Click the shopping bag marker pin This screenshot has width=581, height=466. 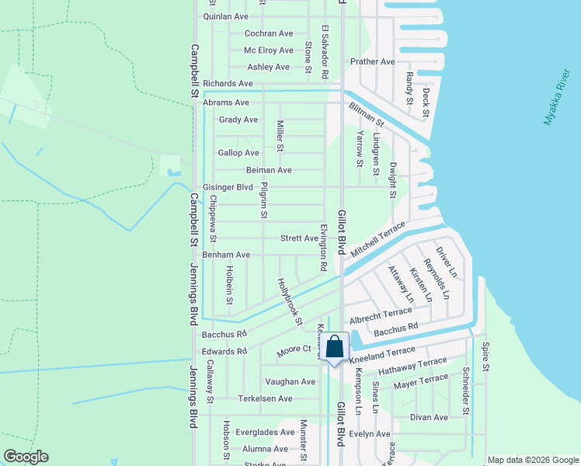click(x=334, y=348)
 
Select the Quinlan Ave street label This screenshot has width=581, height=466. click(x=225, y=16)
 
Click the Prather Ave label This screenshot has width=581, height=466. click(x=373, y=62)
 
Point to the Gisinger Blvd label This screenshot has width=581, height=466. click(x=228, y=187)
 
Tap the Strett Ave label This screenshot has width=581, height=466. click(x=299, y=238)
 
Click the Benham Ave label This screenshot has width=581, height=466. click(x=226, y=255)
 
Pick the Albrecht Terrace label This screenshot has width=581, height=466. click(x=381, y=311)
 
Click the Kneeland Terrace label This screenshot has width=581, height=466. click(x=383, y=354)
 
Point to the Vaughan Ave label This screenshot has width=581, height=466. click(x=290, y=382)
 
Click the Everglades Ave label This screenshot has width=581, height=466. click(x=266, y=432)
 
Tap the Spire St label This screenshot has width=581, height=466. click(x=485, y=356)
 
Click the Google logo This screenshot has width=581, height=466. click(x=26, y=457)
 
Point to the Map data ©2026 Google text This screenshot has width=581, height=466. click(x=532, y=460)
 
